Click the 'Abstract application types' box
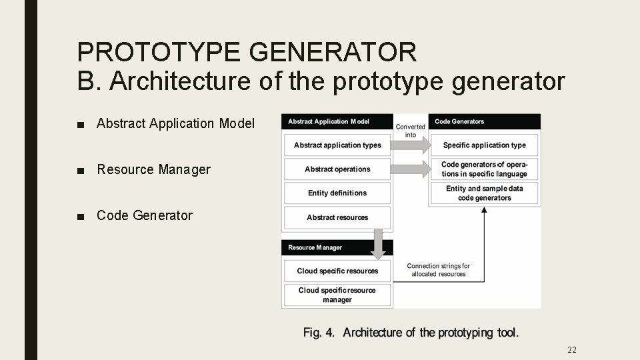(x=337, y=145)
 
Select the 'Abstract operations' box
(x=337, y=169)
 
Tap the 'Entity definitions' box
(x=337, y=193)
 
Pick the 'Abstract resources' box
(x=337, y=217)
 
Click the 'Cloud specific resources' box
(x=337, y=271)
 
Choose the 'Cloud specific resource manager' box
(x=337, y=295)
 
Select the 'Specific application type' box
(x=485, y=145)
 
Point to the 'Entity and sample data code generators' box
(x=485, y=193)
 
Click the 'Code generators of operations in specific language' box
(x=485, y=169)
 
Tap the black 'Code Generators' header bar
(x=485, y=121)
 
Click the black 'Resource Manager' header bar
(x=337, y=247)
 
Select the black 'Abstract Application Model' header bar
(x=337, y=121)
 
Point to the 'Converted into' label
(x=411, y=131)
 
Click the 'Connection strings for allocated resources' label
(x=439, y=270)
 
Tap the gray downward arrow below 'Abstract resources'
(x=378, y=244)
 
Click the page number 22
(x=571, y=349)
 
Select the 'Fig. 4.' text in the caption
(x=319, y=332)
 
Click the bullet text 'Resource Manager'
(x=153, y=170)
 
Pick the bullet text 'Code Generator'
(x=145, y=215)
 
